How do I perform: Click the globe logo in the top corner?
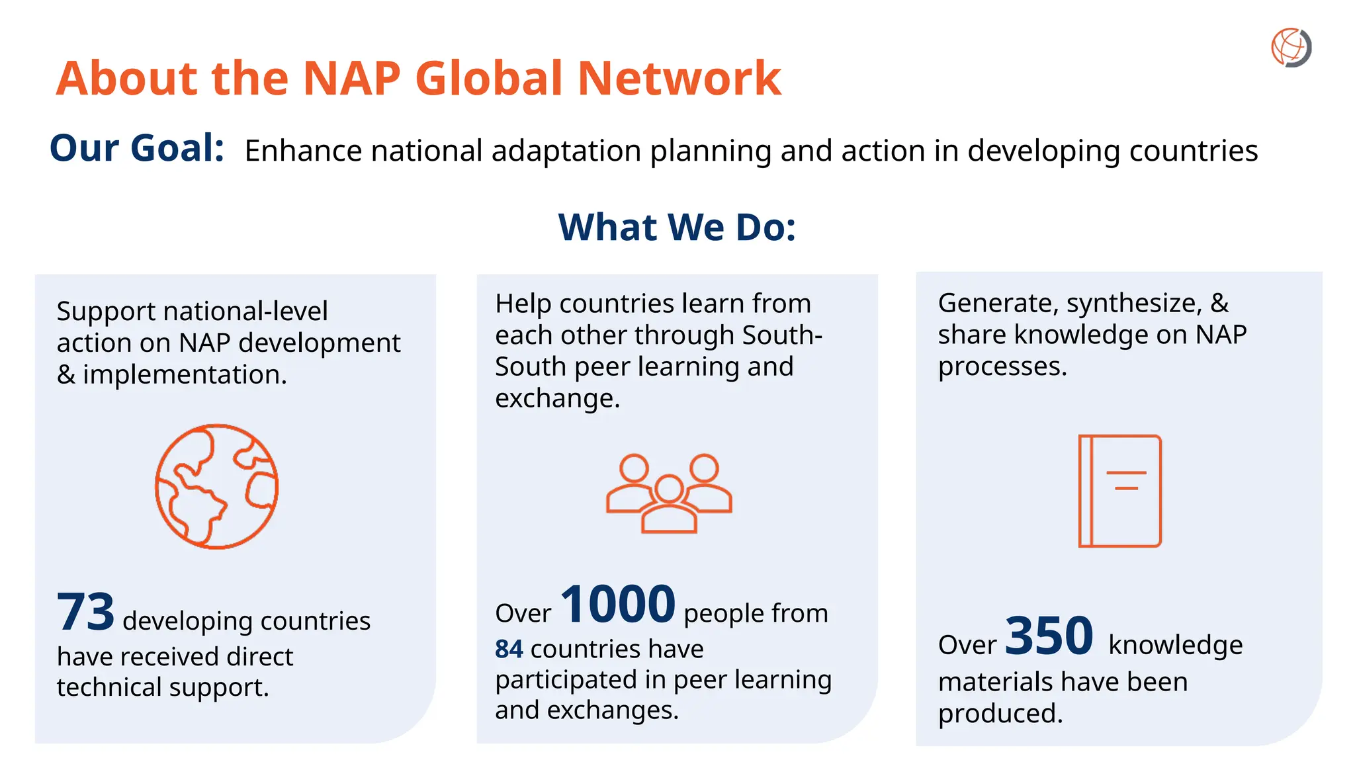(x=1291, y=48)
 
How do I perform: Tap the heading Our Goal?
(x=137, y=148)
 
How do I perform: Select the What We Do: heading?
(x=677, y=227)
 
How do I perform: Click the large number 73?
(x=86, y=612)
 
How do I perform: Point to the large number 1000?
(x=618, y=604)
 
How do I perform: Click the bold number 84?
(x=509, y=650)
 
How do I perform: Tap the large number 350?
(x=1049, y=636)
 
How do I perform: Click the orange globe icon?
(x=216, y=486)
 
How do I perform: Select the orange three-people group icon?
(x=669, y=493)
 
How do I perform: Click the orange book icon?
(x=1119, y=490)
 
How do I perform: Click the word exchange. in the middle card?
(x=557, y=398)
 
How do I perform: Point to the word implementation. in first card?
(x=185, y=375)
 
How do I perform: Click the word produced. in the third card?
(x=1000, y=714)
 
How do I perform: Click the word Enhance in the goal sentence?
(x=302, y=151)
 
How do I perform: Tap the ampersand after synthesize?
(x=1219, y=303)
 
